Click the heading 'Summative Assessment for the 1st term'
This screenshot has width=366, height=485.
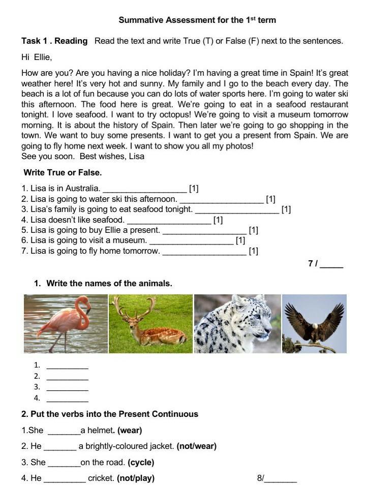[x=197, y=20]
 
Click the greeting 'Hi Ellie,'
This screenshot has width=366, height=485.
[x=37, y=57]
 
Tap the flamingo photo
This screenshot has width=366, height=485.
[x=66, y=323]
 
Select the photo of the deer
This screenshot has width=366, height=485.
[x=151, y=323]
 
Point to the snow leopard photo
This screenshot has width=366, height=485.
[x=237, y=323]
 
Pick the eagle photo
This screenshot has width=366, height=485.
[x=314, y=323]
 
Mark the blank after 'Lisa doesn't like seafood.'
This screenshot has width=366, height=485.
[x=169, y=221]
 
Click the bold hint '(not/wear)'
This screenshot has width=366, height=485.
[x=197, y=446]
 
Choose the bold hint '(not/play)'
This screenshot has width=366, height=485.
[x=136, y=478]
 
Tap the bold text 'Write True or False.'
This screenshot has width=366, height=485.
[x=63, y=173]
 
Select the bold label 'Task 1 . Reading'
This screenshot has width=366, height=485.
[x=54, y=41]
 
